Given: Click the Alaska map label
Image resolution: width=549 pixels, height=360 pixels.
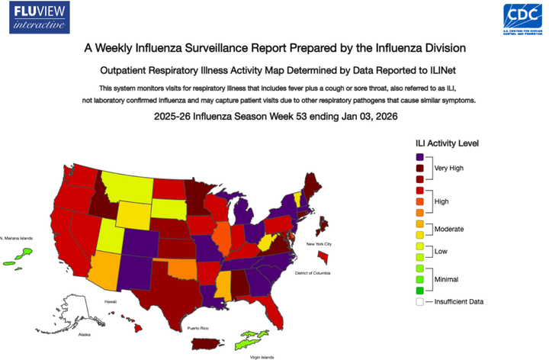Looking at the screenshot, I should pos(85,334).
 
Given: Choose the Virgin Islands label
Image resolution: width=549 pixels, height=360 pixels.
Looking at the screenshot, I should pos(262,356).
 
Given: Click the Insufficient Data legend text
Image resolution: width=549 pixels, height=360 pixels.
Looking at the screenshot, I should pos(459,301).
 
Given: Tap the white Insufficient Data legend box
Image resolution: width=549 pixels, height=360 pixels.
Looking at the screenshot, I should pos(419,301).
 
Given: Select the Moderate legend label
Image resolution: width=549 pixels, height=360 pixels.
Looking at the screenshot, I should pos(449,229).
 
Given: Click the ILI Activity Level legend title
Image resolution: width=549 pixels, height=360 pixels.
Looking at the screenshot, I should pos(447,143).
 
